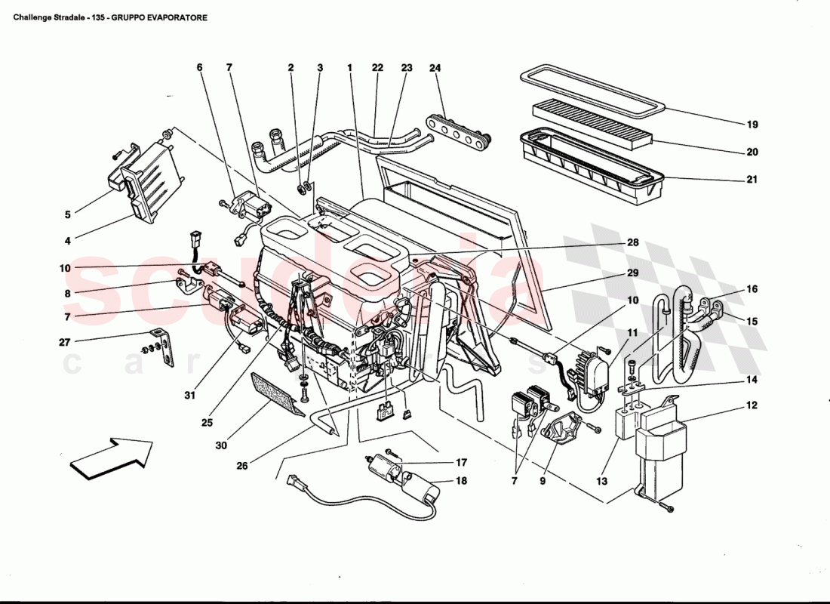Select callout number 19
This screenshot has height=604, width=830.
(752, 125)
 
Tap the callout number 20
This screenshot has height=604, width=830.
(752, 152)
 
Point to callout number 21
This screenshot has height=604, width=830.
(752, 180)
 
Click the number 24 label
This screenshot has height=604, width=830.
(435, 68)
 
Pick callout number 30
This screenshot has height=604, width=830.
(220, 445)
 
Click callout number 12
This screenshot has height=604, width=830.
(752, 406)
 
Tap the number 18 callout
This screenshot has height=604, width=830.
(460, 481)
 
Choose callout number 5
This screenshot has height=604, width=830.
(67, 214)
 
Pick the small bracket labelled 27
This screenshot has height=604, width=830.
(164, 349)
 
